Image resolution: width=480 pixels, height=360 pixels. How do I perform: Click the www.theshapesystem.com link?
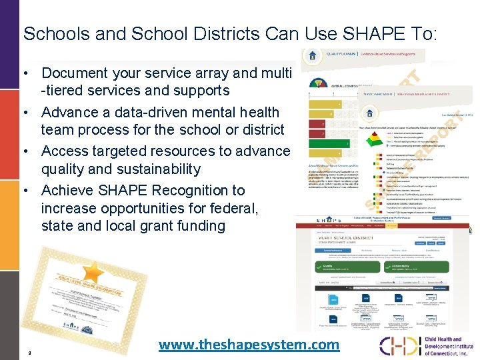[x=249, y=345]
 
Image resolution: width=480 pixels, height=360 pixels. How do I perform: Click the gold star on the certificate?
[x=91, y=271]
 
